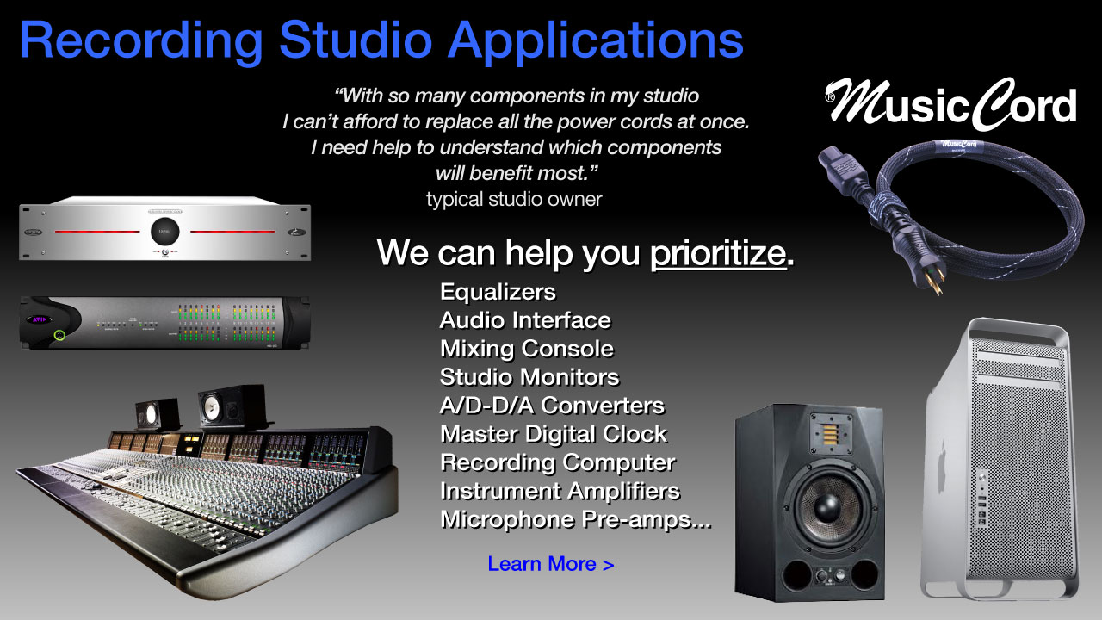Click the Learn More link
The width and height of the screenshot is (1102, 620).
coord(550,564)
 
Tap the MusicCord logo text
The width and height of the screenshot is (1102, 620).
coord(951,104)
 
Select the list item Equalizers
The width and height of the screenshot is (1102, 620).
coord(498,292)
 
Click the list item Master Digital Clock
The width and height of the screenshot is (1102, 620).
coord(554,434)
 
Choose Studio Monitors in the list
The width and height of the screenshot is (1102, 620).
coord(529,377)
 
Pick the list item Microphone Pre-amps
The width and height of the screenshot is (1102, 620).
coord(576,519)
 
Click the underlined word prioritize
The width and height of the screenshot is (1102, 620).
coord(718,253)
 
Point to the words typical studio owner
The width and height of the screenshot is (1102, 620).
coord(514,199)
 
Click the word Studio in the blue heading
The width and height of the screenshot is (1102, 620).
coord(356,40)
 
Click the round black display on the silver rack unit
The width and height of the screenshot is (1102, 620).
coord(164,232)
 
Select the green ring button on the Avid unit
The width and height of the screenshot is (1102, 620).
coord(59,335)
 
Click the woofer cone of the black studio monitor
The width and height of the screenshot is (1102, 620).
coord(828,507)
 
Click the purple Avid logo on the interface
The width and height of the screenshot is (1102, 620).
coord(40,319)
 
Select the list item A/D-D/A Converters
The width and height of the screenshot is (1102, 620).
coord(552,406)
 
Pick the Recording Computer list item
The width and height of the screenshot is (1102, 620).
coord(558,463)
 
